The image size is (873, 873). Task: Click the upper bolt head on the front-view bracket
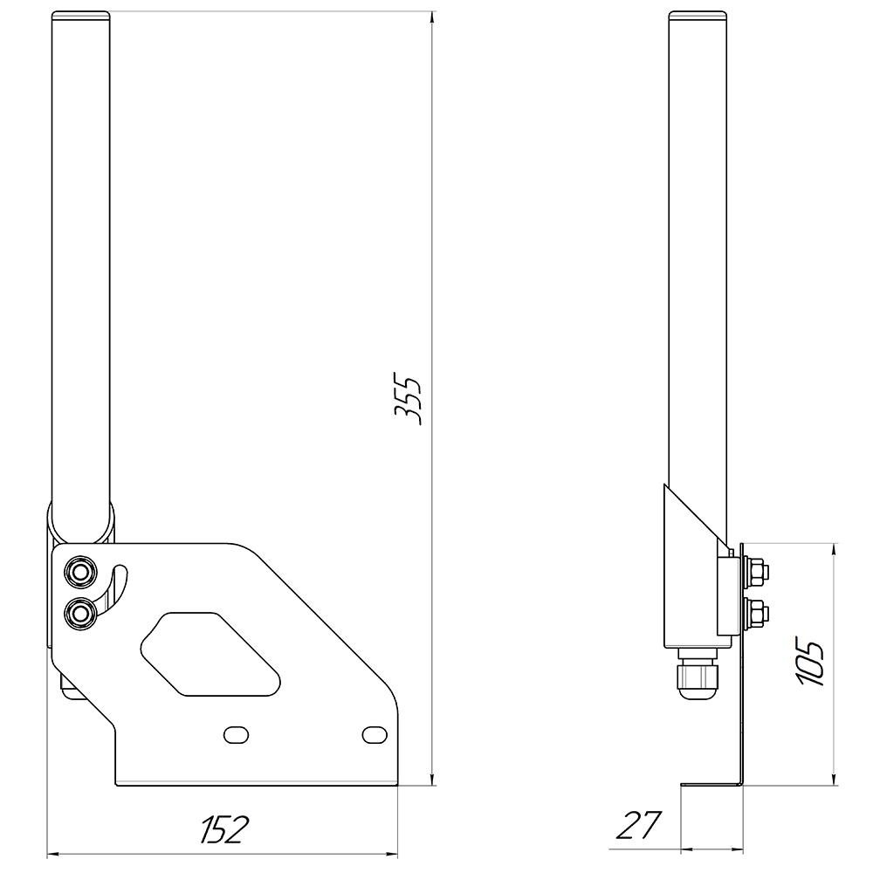point(80,572)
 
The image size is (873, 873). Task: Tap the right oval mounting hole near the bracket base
point(374,734)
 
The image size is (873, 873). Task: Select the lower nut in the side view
point(757,613)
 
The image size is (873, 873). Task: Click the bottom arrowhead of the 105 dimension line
point(836,779)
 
